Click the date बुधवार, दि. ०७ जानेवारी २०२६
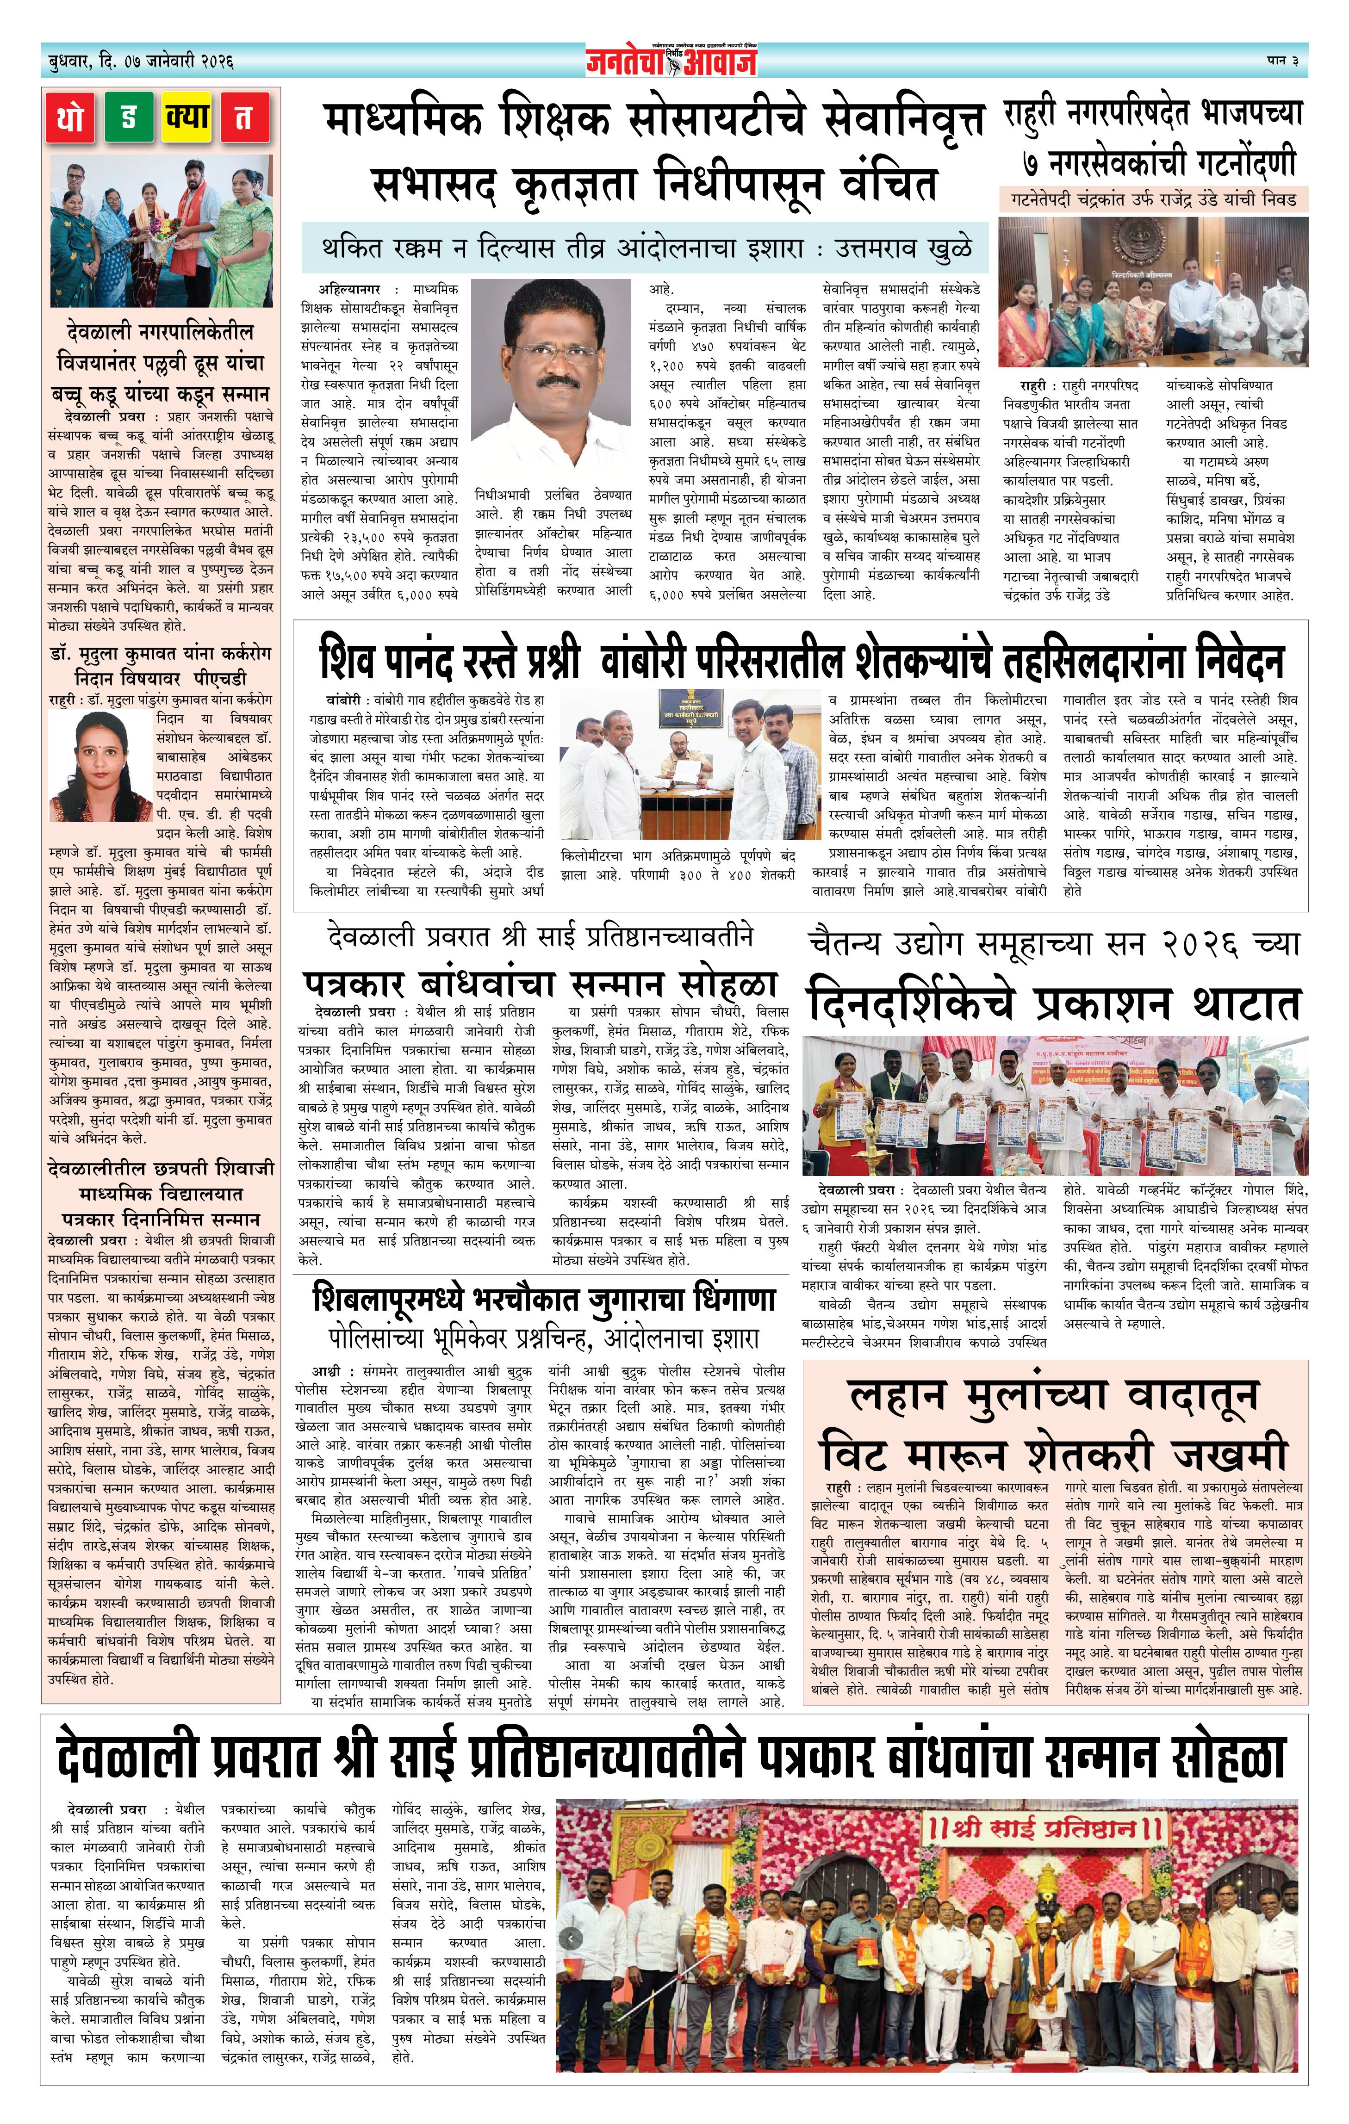pos(137,62)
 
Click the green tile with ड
pos(129,118)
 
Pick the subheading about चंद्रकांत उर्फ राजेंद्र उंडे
pos(1153,199)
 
